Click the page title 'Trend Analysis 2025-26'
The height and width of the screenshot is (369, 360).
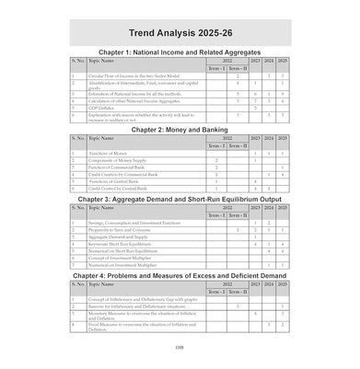pyautogui.click(x=180, y=29)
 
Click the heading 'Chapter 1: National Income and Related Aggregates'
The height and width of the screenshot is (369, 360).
pyautogui.click(x=180, y=52)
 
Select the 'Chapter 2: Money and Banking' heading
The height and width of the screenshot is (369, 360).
pyautogui.click(x=180, y=131)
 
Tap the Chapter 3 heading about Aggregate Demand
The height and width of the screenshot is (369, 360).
pyautogui.click(x=180, y=198)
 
